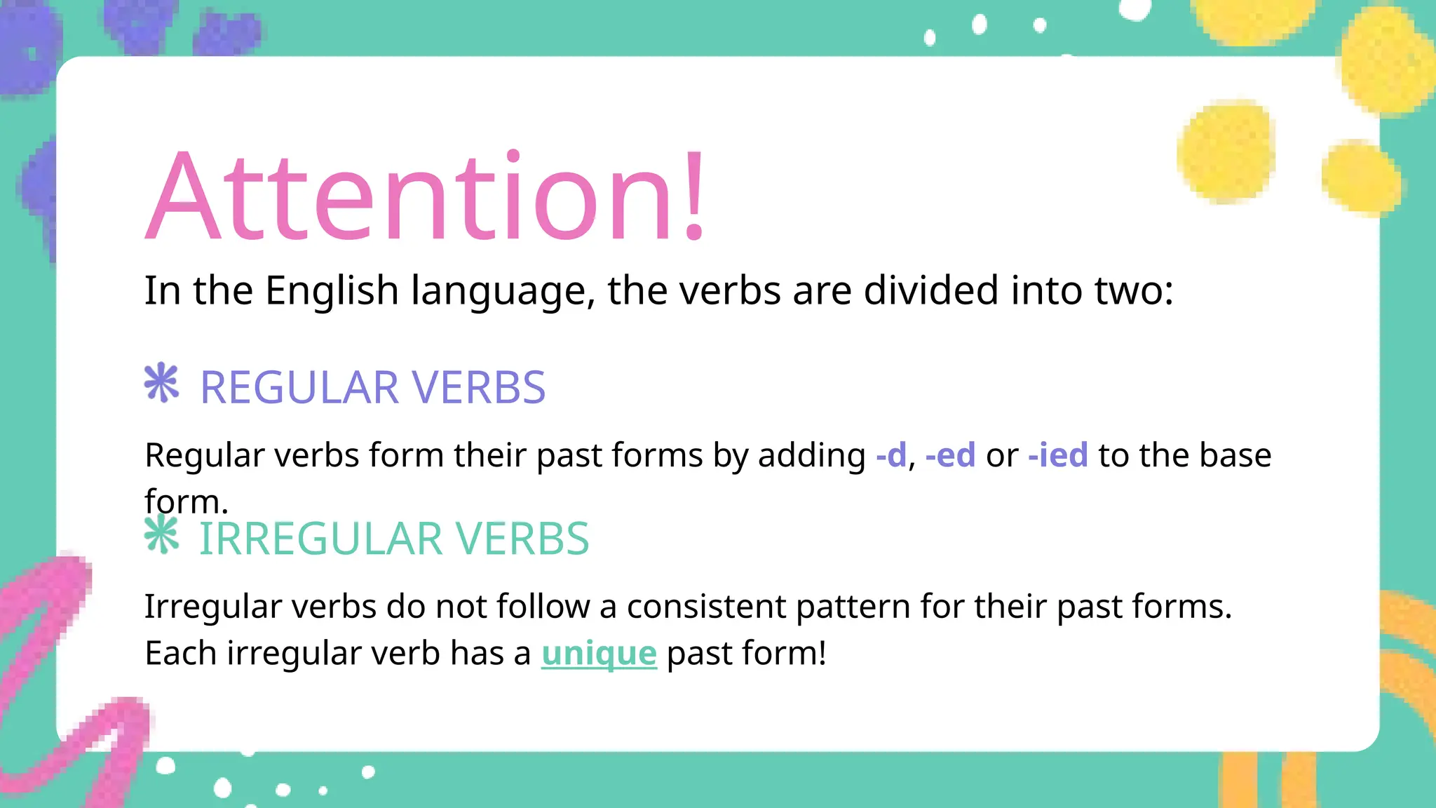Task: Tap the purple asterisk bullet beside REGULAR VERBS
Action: pyautogui.click(x=162, y=383)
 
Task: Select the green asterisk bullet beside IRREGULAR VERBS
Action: pyautogui.click(x=162, y=534)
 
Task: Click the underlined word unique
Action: pyautogui.click(x=599, y=654)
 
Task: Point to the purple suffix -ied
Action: pyautogui.click(x=1058, y=455)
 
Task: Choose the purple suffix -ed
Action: pyautogui.click(x=950, y=455)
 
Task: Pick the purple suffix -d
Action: pyautogui.click(x=891, y=455)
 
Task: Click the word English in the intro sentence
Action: pyautogui.click(x=332, y=290)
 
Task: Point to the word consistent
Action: pyautogui.click(x=706, y=607)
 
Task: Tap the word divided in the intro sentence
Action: pyautogui.click(x=930, y=290)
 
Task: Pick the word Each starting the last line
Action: pyautogui.click(x=180, y=654)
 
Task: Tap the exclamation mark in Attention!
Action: pyautogui.click(x=694, y=196)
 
